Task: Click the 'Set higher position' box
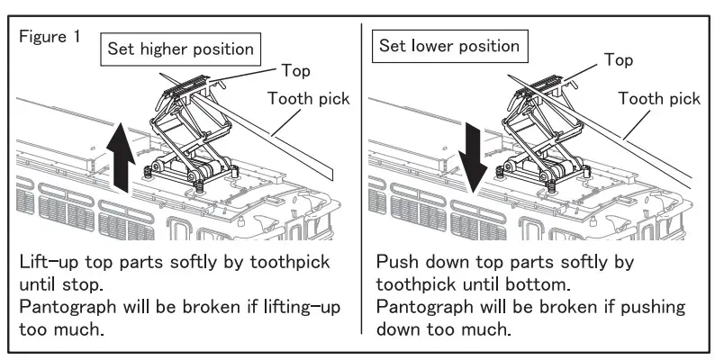pyautogui.click(x=182, y=49)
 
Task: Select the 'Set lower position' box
pyautogui.click(x=449, y=45)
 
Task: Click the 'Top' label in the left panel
pyautogui.click(x=298, y=68)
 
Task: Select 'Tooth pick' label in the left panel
pyautogui.click(x=309, y=98)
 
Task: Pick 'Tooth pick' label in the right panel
pyautogui.click(x=659, y=97)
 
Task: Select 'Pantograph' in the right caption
pyautogui.click(x=430, y=307)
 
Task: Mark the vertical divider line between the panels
pyautogui.click(x=361, y=180)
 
